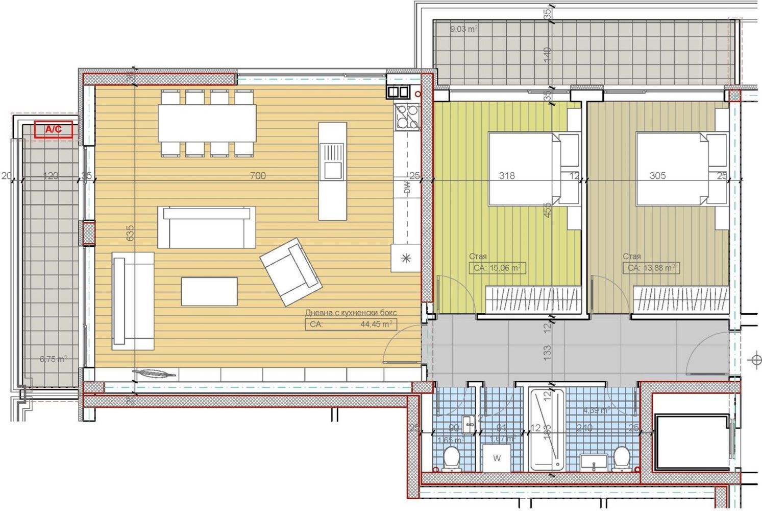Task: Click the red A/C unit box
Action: [x=53, y=130]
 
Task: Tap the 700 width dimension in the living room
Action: [x=258, y=176]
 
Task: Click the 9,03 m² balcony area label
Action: [x=463, y=29]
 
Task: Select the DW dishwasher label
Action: [x=407, y=188]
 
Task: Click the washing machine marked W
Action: [x=497, y=458]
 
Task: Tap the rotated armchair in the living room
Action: [x=290, y=270]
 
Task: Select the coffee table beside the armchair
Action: [x=209, y=291]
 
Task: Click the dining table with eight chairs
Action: [x=207, y=123]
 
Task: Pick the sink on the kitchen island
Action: [x=332, y=161]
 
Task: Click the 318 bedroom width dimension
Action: [x=506, y=176]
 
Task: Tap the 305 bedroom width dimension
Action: [x=657, y=176]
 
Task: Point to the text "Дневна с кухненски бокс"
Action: [x=351, y=313]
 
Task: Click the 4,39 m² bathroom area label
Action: [x=596, y=410]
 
